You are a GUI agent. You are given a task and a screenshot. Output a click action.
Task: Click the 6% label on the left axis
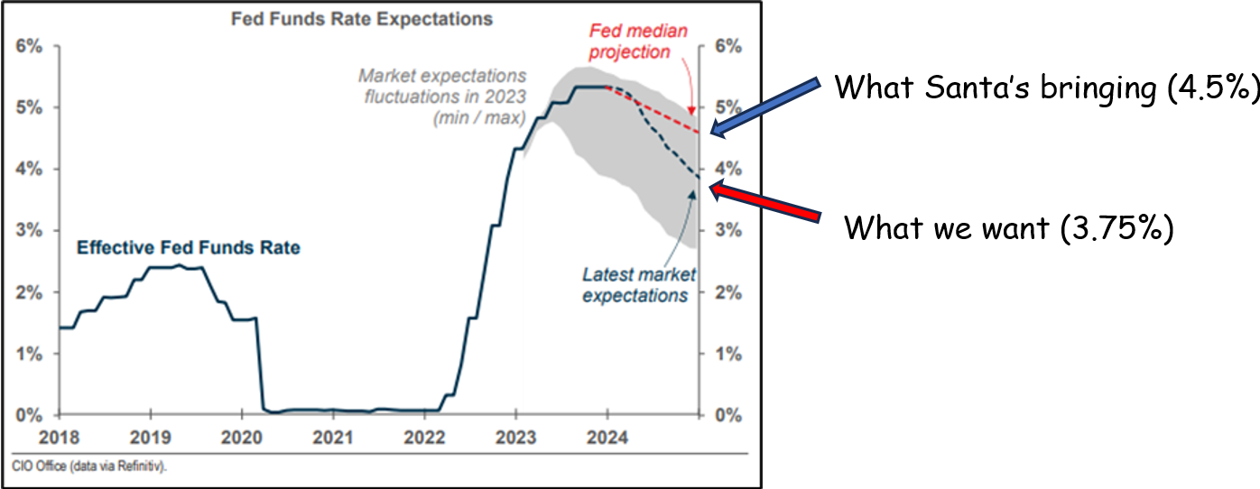click(29, 46)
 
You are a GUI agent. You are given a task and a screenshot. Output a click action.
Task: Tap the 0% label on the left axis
click(29, 416)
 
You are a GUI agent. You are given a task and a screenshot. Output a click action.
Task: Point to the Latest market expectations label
click(635, 284)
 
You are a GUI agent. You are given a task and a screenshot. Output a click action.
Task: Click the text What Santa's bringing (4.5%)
click(1045, 88)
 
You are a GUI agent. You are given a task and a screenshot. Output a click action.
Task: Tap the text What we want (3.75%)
click(1008, 227)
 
